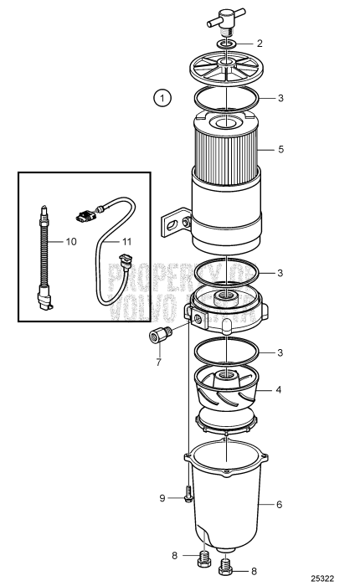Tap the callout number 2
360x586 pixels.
pos(260,43)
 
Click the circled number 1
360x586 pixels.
pos(162,97)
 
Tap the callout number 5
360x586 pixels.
pos(281,151)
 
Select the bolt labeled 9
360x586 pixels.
pos(187,497)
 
